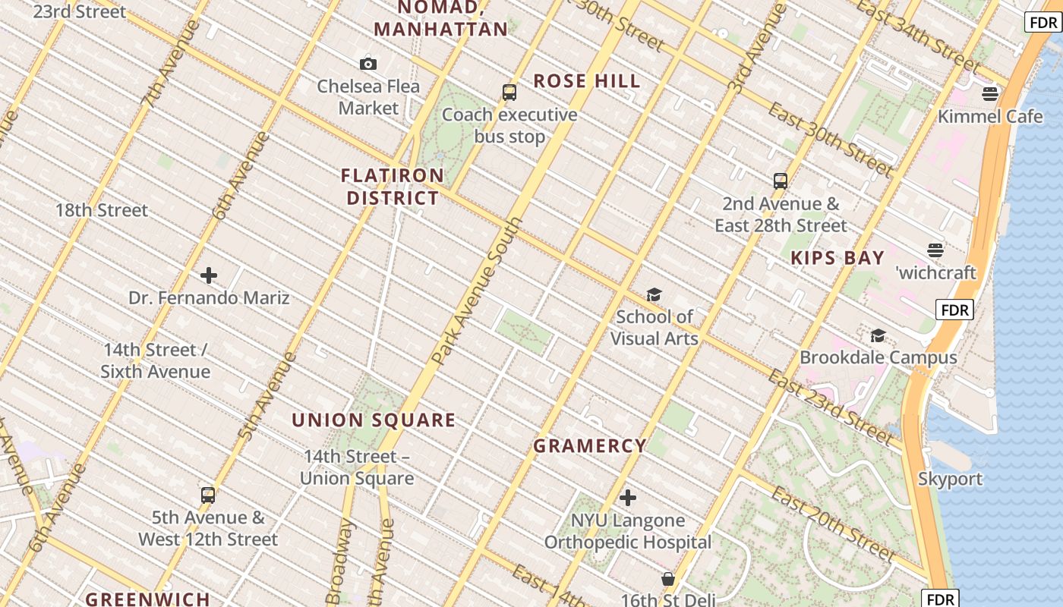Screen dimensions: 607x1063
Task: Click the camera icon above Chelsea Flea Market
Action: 368,64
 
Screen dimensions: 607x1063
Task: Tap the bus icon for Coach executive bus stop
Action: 509,93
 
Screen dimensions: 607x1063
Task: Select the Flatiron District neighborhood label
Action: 393,187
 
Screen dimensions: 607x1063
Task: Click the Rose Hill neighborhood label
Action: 587,81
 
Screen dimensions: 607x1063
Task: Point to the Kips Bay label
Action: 837,258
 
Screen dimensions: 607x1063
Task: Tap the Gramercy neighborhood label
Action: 590,446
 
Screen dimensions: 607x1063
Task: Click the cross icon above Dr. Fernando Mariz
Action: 209,275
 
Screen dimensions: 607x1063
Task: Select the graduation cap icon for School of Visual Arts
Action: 654,294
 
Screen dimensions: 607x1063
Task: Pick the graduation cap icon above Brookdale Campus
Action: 878,335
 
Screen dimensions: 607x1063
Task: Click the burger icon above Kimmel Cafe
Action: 989,94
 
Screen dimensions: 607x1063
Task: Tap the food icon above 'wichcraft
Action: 935,250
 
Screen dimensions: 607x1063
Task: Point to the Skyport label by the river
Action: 950,479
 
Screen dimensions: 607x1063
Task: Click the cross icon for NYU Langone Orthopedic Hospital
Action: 628,498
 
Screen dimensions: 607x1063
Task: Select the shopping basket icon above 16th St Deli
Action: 668,579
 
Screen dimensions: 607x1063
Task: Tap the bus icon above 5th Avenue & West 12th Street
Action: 208,495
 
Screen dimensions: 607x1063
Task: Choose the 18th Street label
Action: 102,210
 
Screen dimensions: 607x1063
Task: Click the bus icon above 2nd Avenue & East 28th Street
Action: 781,181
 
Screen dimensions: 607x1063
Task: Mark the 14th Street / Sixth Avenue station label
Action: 156,360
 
